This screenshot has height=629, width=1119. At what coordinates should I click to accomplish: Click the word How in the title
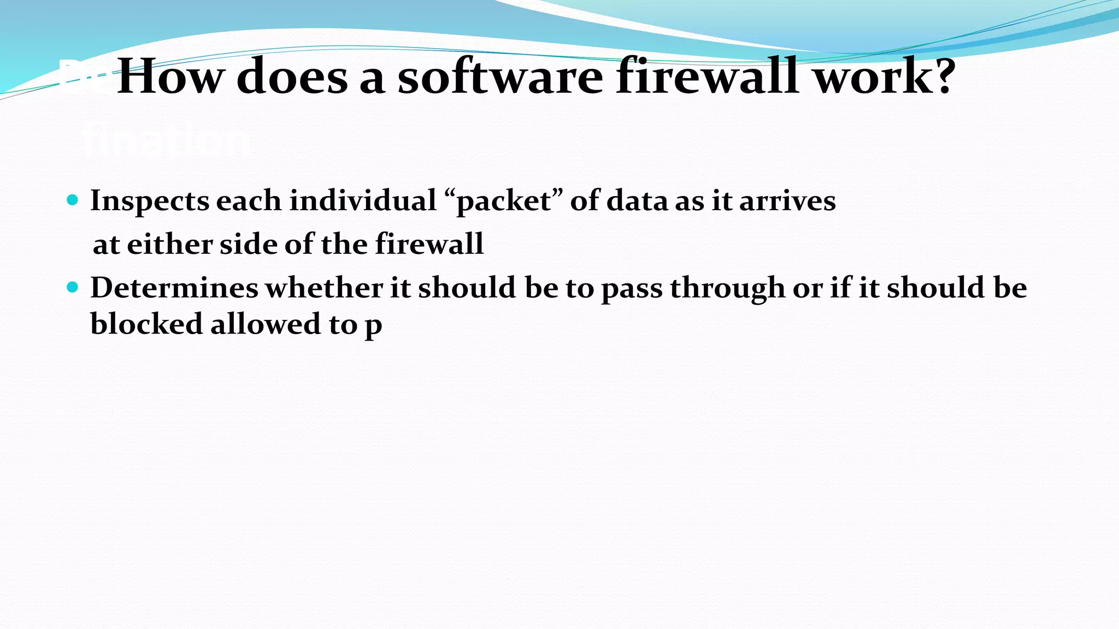coord(170,78)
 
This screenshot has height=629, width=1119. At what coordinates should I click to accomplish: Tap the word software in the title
coord(500,78)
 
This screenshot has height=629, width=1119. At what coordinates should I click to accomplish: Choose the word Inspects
coord(149,201)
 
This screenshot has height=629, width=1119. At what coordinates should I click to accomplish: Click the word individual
coord(362,201)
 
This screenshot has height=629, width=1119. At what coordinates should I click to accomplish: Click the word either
coord(169,244)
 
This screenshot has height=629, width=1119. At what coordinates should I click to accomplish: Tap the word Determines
coord(174,288)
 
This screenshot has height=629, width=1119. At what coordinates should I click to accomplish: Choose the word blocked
coord(146,324)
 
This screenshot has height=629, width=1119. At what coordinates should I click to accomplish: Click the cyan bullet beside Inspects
coord(72,200)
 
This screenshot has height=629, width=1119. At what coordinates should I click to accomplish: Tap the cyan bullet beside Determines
coord(72,287)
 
